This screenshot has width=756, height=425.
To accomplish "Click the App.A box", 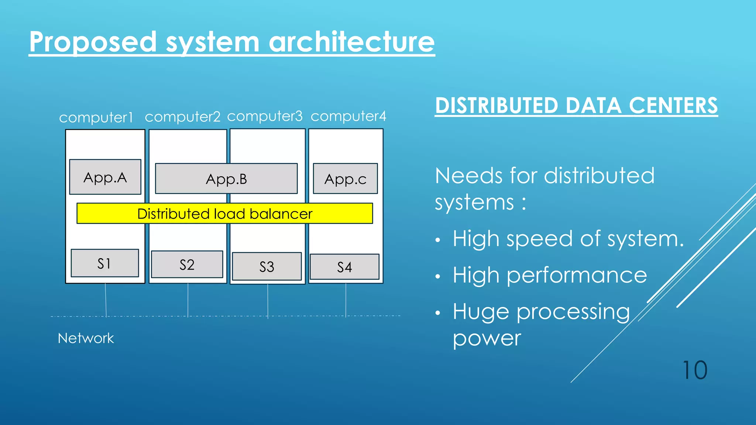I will (x=105, y=177).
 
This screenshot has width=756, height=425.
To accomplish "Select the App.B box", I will (x=226, y=179).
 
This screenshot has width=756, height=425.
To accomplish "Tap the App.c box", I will (x=345, y=179).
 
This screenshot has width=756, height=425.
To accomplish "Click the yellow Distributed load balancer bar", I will (x=224, y=214).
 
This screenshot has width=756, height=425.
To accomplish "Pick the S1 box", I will (x=104, y=263).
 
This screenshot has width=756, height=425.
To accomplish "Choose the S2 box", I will (x=187, y=265).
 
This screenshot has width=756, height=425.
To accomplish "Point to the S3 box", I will (x=267, y=266).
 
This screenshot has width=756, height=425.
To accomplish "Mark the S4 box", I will (x=344, y=267).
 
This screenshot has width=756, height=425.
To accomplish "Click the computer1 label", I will (x=96, y=118).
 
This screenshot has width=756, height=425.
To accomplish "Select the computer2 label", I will (x=182, y=117).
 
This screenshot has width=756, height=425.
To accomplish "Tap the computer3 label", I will (x=265, y=117).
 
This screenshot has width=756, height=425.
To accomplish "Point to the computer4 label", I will (x=348, y=117).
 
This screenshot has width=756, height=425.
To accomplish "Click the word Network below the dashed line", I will (x=86, y=338).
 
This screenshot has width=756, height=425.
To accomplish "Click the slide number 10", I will (x=695, y=370).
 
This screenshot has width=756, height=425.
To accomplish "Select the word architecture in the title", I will (x=351, y=42).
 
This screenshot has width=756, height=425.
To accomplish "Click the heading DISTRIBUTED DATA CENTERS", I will (x=576, y=106).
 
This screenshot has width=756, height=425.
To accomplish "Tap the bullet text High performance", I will (x=550, y=275).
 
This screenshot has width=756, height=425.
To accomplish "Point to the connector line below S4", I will (x=346, y=300).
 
